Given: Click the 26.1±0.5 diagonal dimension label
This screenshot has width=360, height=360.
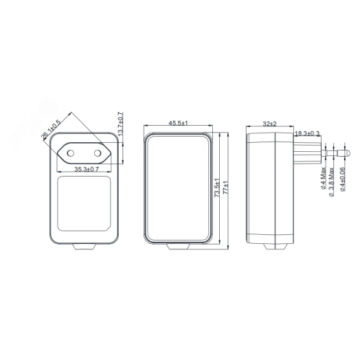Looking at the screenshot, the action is click(51, 129).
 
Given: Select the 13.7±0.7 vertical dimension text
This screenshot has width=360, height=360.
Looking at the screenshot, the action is click(120, 124).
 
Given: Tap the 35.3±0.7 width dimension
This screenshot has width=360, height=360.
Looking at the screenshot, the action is click(87, 169).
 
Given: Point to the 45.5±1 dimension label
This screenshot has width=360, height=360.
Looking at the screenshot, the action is click(178, 123).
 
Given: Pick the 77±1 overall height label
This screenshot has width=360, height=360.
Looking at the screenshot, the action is click(226, 188).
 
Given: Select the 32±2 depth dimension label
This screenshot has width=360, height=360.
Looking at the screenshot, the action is click(269, 124).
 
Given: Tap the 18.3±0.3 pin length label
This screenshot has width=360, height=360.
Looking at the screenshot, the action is click(307, 133).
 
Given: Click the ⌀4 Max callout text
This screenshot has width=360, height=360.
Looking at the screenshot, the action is click(323, 178).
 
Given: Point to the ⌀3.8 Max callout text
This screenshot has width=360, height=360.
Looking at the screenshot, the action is click(331, 182).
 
